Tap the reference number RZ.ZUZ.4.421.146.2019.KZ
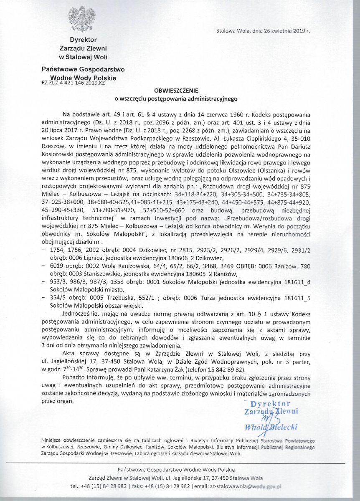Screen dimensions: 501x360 73,83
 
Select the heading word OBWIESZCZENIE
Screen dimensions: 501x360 176,90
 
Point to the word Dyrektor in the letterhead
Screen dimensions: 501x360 83,40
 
